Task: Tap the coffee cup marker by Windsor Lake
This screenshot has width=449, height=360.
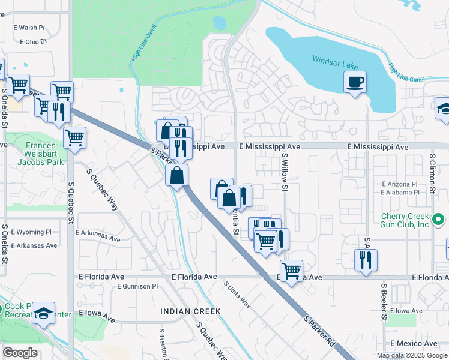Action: pyautogui.click(x=355, y=82)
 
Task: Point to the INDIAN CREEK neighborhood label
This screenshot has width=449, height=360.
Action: pyautogui.click(x=191, y=311)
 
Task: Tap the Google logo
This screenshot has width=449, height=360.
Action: pyautogui.click(x=20, y=353)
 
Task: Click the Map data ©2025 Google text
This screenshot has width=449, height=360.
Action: pyautogui.click(x=411, y=355)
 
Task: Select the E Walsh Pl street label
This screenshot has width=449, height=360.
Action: pyautogui.click(x=29, y=28)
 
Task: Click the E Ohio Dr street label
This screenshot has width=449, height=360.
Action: pyautogui.click(x=33, y=42)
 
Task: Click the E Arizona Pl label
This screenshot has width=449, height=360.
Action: pyautogui.click(x=399, y=184)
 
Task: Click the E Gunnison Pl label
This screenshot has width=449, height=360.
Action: pyautogui.click(x=137, y=287)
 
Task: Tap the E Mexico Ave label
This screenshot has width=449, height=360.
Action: pyautogui.click(x=414, y=343)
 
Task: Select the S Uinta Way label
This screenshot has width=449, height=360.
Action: pyautogui.click(x=237, y=295)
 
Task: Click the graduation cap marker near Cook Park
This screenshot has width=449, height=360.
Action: pyautogui.click(x=44, y=313)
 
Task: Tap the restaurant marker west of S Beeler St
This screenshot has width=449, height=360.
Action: pyautogui.click(x=366, y=260)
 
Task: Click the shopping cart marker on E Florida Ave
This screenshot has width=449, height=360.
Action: pyautogui.click(x=291, y=270)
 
